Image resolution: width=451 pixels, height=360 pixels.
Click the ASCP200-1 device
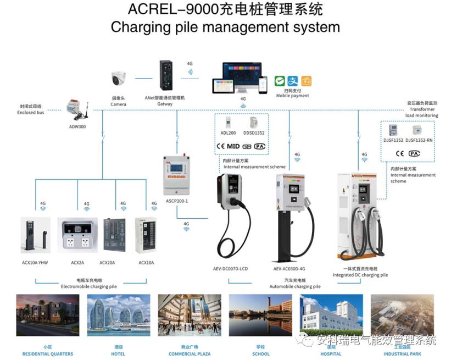[177, 175]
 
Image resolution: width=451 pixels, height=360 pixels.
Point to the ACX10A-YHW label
[35, 263]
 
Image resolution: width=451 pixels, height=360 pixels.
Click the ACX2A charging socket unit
[77, 235]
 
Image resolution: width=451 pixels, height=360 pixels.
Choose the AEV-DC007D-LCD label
[231, 269]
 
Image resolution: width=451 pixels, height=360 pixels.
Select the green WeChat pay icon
[280, 81]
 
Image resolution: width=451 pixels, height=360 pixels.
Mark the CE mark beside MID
[221, 146]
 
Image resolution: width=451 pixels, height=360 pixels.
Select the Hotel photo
[119, 315]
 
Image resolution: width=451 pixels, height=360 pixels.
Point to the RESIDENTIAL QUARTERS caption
[48, 354]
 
